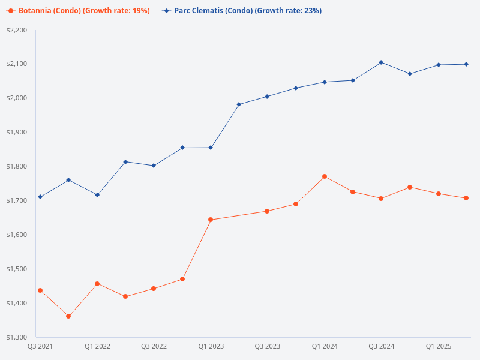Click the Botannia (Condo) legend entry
[x=78, y=11]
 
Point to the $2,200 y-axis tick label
[x=17, y=30]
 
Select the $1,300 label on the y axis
[x=17, y=337]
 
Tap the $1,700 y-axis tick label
[x=17, y=200]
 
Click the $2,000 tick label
[x=17, y=98]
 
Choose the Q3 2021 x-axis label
[x=40, y=347]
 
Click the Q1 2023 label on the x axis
[x=211, y=347]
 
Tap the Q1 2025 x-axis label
[x=438, y=347]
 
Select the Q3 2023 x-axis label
[x=267, y=347]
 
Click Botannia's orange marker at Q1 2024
[x=325, y=176]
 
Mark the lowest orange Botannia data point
[x=68, y=316]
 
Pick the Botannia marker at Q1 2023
[x=211, y=220]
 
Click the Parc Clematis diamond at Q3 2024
[x=381, y=62]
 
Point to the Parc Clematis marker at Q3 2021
[x=40, y=197]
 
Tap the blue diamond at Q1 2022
[x=97, y=195]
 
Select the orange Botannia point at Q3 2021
[x=40, y=290]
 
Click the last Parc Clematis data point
[x=466, y=64]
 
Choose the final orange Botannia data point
[x=466, y=198]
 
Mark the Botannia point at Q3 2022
[x=154, y=289]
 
